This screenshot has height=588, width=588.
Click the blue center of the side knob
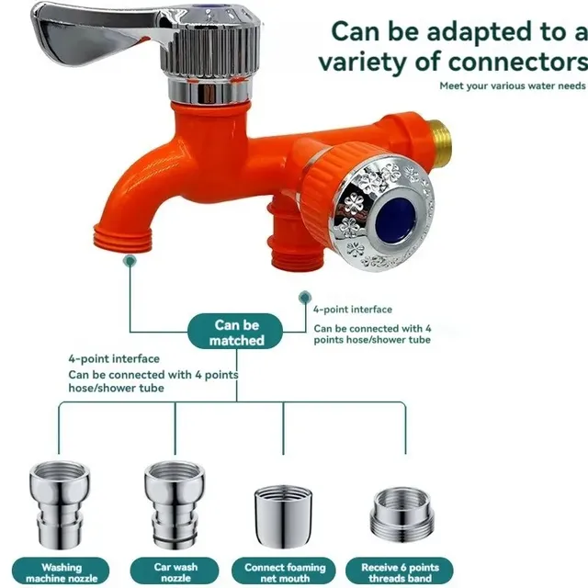(x=395, y=219)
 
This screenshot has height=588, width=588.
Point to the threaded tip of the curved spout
(x=122, y=238)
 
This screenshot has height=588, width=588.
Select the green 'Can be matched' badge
(x=235, y=332)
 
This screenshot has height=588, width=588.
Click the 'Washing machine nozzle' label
(x=62, y=571)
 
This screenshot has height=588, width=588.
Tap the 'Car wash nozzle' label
(x=175, y=571)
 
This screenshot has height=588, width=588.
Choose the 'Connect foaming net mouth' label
(x=284, y=571)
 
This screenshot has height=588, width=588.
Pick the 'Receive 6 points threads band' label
(x=400, y=571)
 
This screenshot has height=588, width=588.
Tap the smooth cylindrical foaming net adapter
(x=283, y=517)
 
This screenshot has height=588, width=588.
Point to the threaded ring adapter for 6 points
(x=402, y=516)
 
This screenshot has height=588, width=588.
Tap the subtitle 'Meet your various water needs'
(x=513, y=85)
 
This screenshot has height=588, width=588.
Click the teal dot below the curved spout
(x=130, y=261)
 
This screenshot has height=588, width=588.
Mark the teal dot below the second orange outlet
(x=305, y=298)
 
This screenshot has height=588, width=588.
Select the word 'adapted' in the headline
(x=479, y=32)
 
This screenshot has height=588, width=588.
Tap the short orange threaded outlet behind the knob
(x=294, y=240)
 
